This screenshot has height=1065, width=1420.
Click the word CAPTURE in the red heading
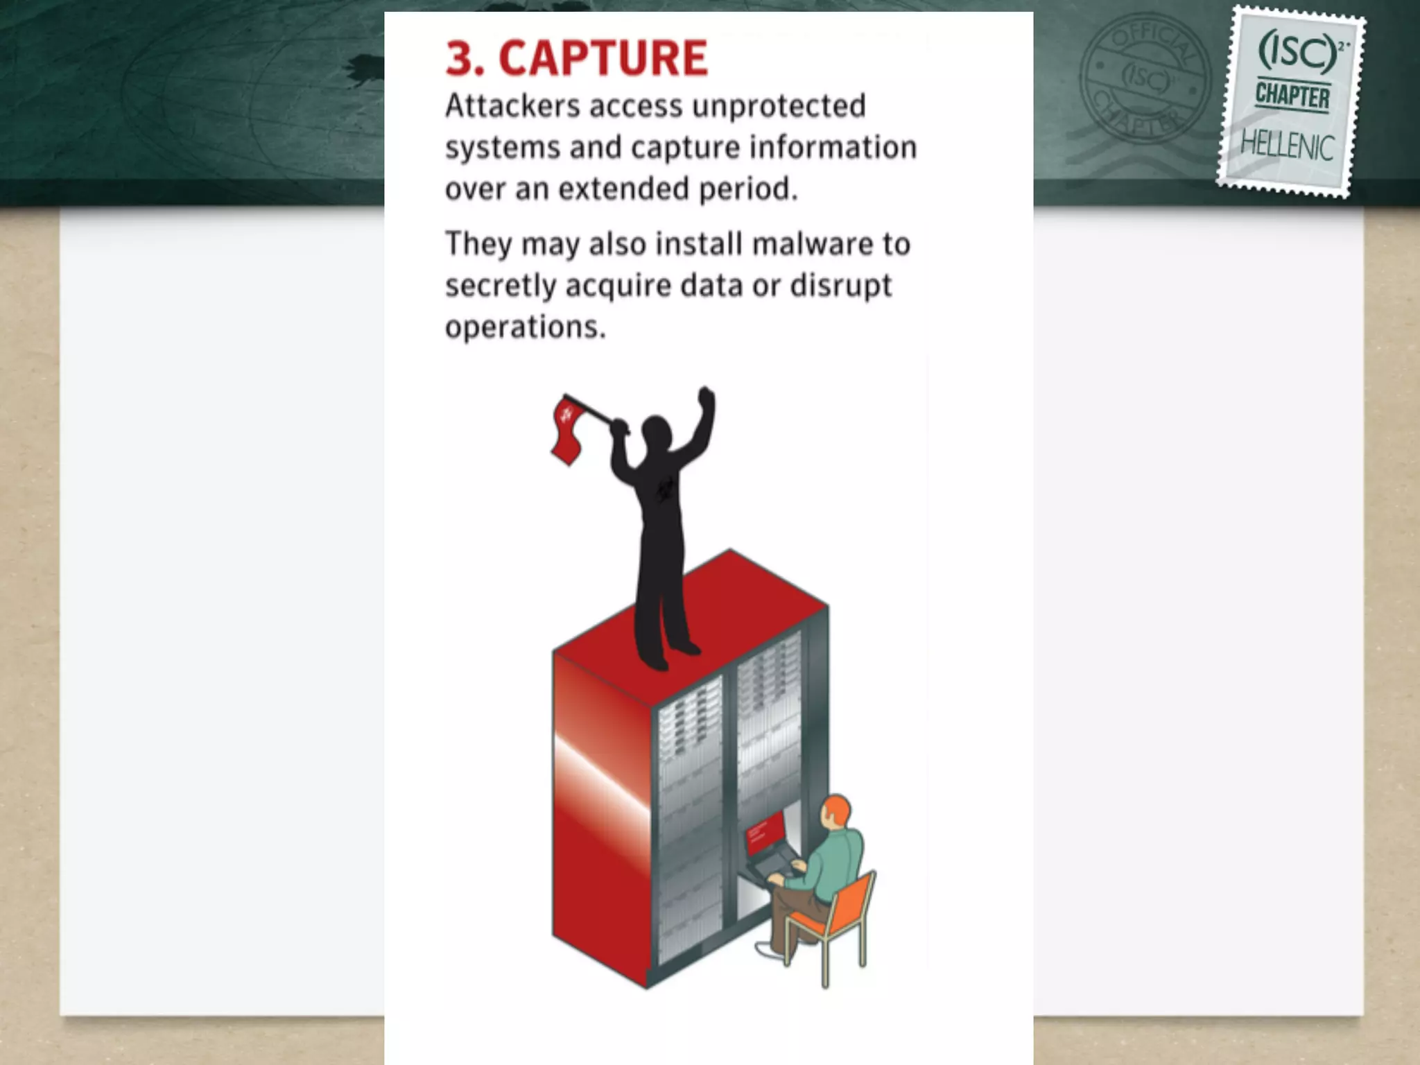(x=603, y=58)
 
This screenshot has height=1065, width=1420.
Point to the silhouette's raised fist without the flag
(x=706, y=397)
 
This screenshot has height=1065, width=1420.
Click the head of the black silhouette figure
(x=656, y=432)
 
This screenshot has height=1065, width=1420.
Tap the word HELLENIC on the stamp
(x=1287, y=146)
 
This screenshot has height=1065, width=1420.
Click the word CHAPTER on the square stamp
(x=1292, y=96)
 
